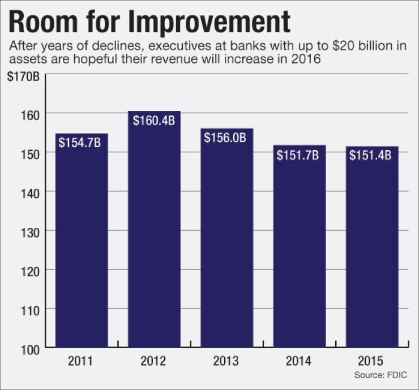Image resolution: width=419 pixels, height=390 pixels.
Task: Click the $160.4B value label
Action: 154,120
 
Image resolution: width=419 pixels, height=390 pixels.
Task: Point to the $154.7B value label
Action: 80,142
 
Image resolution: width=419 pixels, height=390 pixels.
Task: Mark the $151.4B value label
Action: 370,154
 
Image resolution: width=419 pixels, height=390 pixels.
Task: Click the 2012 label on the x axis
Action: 154,361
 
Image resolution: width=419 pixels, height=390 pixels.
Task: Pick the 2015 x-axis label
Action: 372,361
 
